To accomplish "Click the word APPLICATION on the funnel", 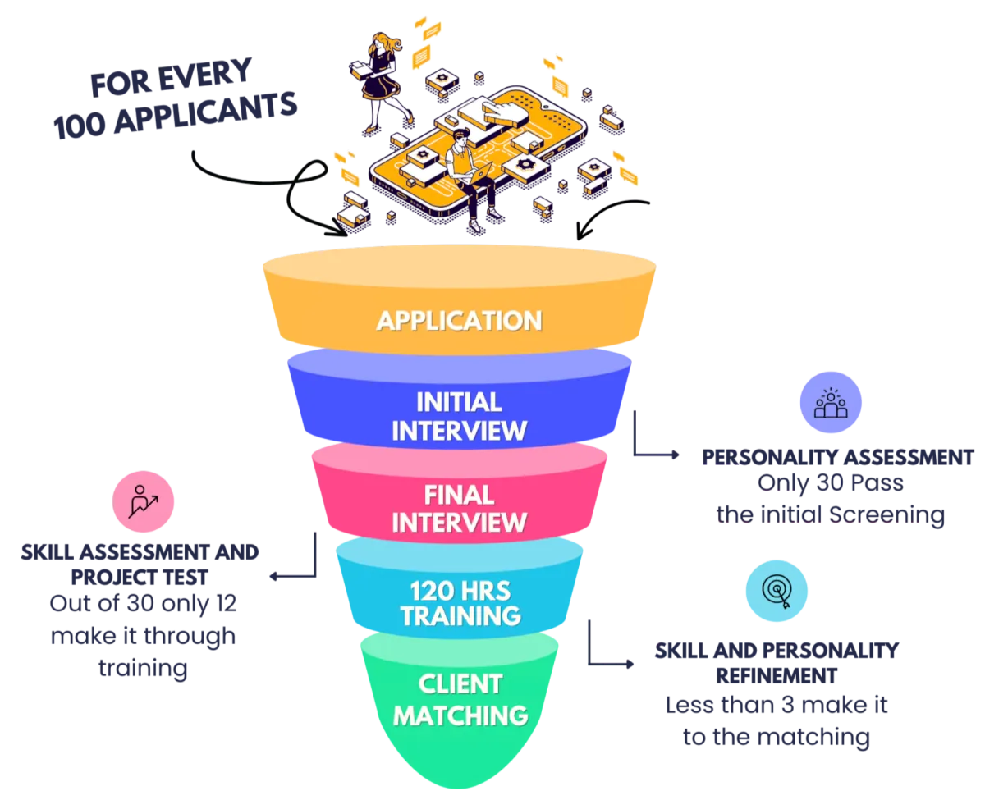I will click(459, 319).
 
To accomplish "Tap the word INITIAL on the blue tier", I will click(459, 401).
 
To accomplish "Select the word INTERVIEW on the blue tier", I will click(459, 430).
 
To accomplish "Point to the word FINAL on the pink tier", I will click(459, 494).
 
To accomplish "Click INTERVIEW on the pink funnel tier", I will click(459, 523).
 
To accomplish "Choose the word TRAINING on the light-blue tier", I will click(459, 616).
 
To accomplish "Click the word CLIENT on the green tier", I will click(459, 683).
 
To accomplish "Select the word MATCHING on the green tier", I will click(459, 714).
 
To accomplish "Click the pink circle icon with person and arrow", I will click(144, 501).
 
